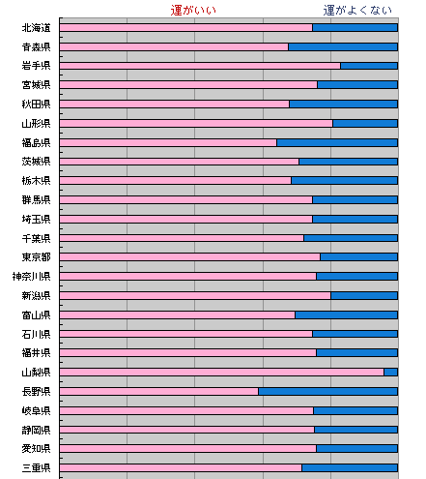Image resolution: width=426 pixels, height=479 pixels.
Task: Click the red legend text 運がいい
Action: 193,11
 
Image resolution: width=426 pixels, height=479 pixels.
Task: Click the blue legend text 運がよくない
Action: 357,11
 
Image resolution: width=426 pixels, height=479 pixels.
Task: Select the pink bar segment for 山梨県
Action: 221,373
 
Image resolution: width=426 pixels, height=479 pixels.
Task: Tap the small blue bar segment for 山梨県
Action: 391,373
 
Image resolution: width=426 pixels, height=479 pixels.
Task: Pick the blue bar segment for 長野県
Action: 327,392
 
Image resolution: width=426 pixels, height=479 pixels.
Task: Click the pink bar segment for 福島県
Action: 168,142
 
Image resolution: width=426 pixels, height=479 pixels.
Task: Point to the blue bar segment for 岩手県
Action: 369,66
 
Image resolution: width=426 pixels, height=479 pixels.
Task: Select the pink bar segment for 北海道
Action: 185,28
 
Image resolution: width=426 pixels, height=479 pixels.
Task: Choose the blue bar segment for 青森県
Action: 343,47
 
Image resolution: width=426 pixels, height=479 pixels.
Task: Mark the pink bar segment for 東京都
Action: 189,257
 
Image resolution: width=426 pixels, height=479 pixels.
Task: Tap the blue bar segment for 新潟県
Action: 364,295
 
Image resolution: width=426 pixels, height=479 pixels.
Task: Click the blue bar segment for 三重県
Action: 350,467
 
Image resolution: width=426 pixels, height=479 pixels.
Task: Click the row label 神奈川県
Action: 31,277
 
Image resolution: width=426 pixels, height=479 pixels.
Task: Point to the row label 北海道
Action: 36,28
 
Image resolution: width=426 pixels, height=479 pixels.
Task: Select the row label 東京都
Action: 36,257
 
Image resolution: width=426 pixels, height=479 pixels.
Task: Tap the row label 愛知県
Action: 36,449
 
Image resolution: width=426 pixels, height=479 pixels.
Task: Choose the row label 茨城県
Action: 36,162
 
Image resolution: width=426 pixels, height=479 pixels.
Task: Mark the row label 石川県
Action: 36,334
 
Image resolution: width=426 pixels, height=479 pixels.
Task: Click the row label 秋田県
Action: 36,105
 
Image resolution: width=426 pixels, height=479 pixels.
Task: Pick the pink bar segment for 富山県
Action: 177,314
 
